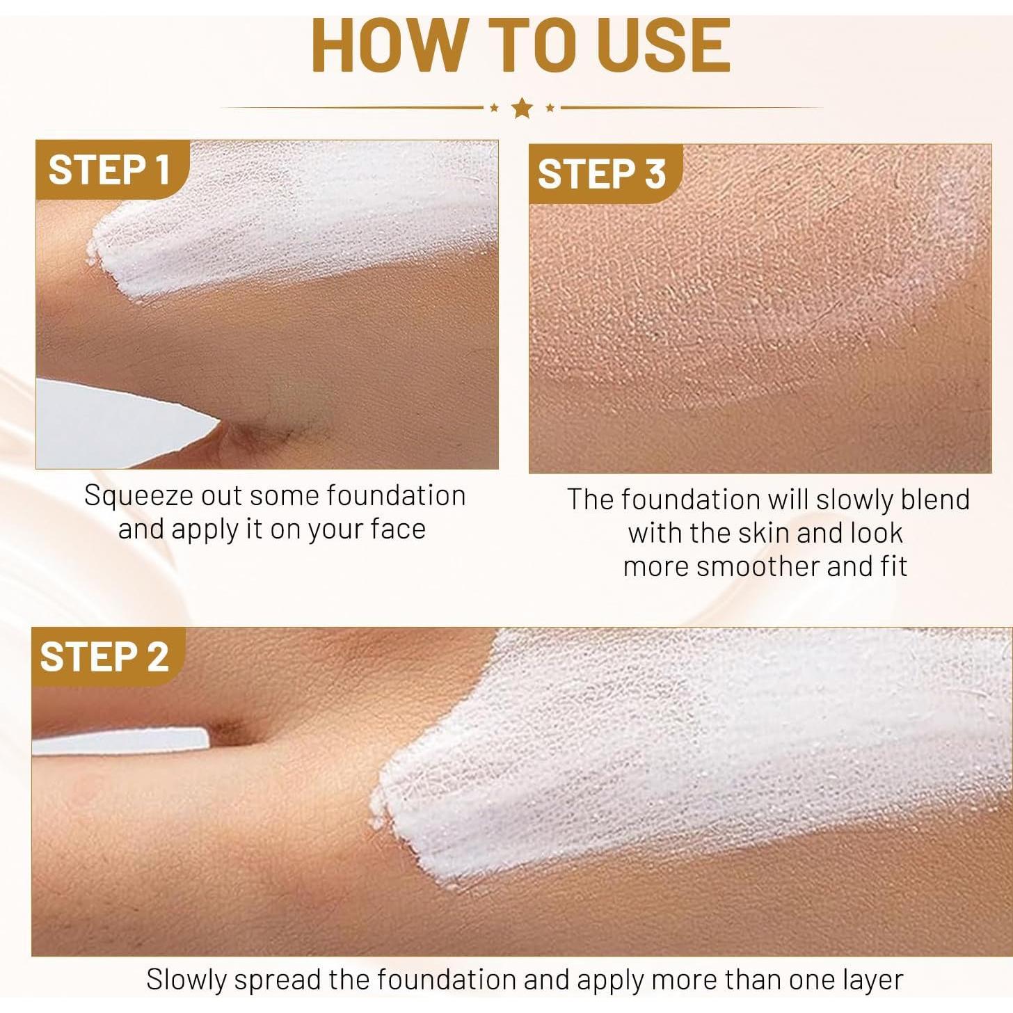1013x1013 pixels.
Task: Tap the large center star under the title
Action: [x=522, y=108]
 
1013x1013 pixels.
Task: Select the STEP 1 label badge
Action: [x=109, y=170]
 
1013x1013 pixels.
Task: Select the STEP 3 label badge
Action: [x=602, y=174]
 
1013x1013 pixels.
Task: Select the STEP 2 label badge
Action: [x=104, y=657]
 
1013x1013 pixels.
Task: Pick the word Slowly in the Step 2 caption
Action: [x=186, y=980]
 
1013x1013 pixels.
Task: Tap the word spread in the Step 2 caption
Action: [x=279, y=980]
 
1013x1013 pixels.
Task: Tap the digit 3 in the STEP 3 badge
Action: [x=655, y=174]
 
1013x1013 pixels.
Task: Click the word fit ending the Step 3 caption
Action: [x=893, y=566]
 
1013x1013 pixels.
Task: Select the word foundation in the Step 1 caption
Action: [x=396, y=496]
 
